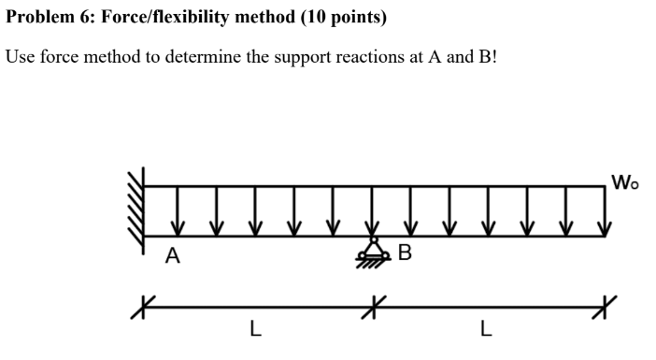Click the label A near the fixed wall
[x=172, y=254]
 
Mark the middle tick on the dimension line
[x=373, y=303]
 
